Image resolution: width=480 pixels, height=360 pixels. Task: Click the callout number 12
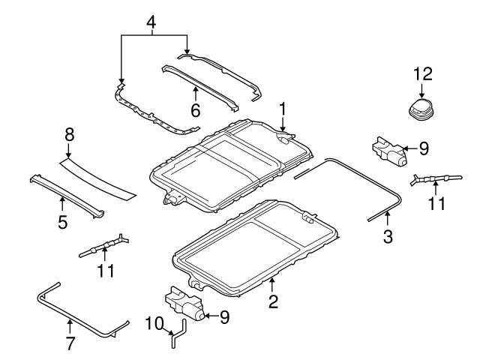[x=423, y=73]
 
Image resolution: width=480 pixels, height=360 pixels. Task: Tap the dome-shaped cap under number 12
[x=422, y=109]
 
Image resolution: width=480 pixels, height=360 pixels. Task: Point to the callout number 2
[x=273, y=301]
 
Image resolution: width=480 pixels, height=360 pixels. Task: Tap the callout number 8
[x=69, y=136]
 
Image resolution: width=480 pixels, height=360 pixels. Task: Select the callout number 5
[x=62, y=221]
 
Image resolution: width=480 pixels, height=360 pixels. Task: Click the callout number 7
[x=69, y=343]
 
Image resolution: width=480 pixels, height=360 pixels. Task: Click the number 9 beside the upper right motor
[x=423, y=148]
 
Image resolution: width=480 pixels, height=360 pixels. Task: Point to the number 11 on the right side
[x=436, y=204]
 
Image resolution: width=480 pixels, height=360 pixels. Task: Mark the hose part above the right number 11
[x=433, y=179]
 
